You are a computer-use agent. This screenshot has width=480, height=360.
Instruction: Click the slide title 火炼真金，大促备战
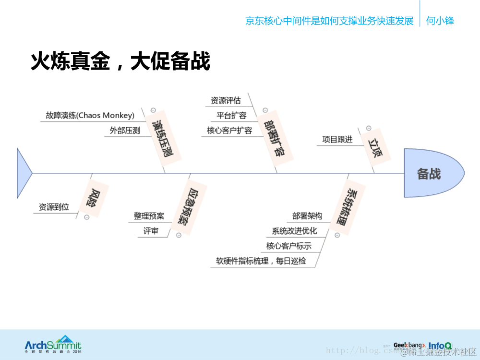point(120,61)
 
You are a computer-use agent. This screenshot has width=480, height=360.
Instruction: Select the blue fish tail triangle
point(23,173)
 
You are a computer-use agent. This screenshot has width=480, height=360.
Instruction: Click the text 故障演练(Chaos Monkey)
point(90,116)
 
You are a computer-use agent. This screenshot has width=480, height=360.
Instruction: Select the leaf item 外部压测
point(125,131)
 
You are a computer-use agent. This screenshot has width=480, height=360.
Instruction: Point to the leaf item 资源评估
point(226,101)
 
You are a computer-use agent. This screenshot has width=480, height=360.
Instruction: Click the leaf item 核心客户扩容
point(229,131)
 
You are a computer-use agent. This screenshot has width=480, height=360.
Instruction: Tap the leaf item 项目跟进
point(337,140)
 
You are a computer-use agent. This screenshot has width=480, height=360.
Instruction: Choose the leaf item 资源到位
point(54,207)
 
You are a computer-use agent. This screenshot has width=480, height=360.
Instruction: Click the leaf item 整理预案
point(149,216)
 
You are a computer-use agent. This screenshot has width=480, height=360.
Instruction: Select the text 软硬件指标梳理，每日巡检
point(261,262)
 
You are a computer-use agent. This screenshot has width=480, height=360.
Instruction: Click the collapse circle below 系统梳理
point(337,235)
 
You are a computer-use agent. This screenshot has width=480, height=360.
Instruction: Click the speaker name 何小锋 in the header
point(440,21)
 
